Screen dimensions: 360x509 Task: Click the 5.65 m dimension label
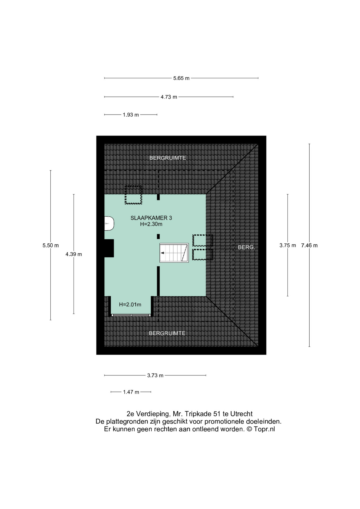pyautogui.click(x=181, y=78)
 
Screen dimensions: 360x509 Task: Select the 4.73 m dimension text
pyautogui.click(x=169, y=97)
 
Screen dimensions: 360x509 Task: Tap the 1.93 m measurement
pyautogui.click(x=131, y=115)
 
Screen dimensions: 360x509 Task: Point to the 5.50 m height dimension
pyautogui.click(x=51, y=245)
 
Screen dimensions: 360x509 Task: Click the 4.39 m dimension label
pyautogui.click(x=74, y=254)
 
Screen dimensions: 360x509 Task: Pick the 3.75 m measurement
pyautogui.click(x=288, y=245)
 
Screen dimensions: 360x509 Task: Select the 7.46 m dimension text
pyautogui.click(x=309, y=245)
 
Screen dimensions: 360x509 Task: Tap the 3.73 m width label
pyautogui.click(x=155, y=375)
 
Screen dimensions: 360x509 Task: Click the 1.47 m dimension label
pyautogui.click(x=131, y=392)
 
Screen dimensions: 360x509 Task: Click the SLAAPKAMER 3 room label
pyautogui.click(x=151, y=218)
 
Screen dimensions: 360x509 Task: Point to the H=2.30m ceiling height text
pyautogui.click(x=151, y=224)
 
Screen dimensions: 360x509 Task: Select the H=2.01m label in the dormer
pyautogui.click(x=130, y=305)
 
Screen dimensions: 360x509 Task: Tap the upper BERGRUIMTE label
pyautogui.click(x=168, y=158)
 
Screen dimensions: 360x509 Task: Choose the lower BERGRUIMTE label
pyautogui.click(x=167, y=333)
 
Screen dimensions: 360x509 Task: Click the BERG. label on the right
pyautogui.click(x=246, y=247)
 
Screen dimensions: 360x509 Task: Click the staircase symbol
pyautogui.click(x=174, y=253)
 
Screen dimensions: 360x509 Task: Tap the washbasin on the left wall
pyautogui.click(x=109, y=223)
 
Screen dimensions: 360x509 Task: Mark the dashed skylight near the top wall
pyautogui.click(x=133, y=195)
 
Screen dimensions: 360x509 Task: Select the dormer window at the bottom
pyautogui.click(x=131, y=315)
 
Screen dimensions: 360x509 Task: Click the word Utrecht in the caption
pyautogui.click(x=241, y=414)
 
